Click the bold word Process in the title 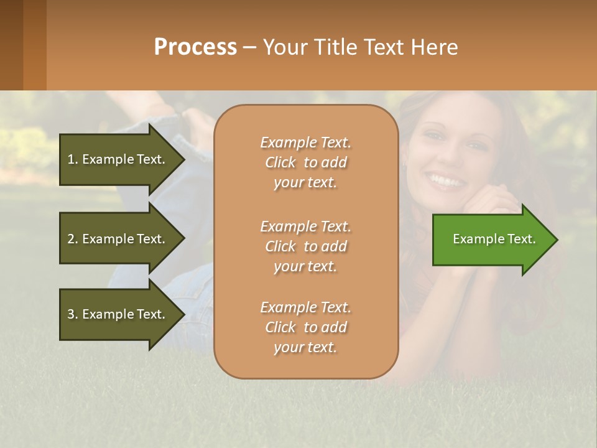tap(195, 47)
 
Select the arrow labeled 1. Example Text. tap(118, 159)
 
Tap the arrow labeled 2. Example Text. tap(118, 239)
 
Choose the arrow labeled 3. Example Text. tap(118, 314)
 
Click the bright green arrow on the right tap(491, 240)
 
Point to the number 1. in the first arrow tap(73, 159)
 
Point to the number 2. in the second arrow tap(73, 239)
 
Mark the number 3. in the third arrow tap(73, 314)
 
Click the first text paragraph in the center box tap(305, 162)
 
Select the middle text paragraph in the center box tap(305, 246)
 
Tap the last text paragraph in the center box tap(305, 327)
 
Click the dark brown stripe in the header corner tap(11, 45)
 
